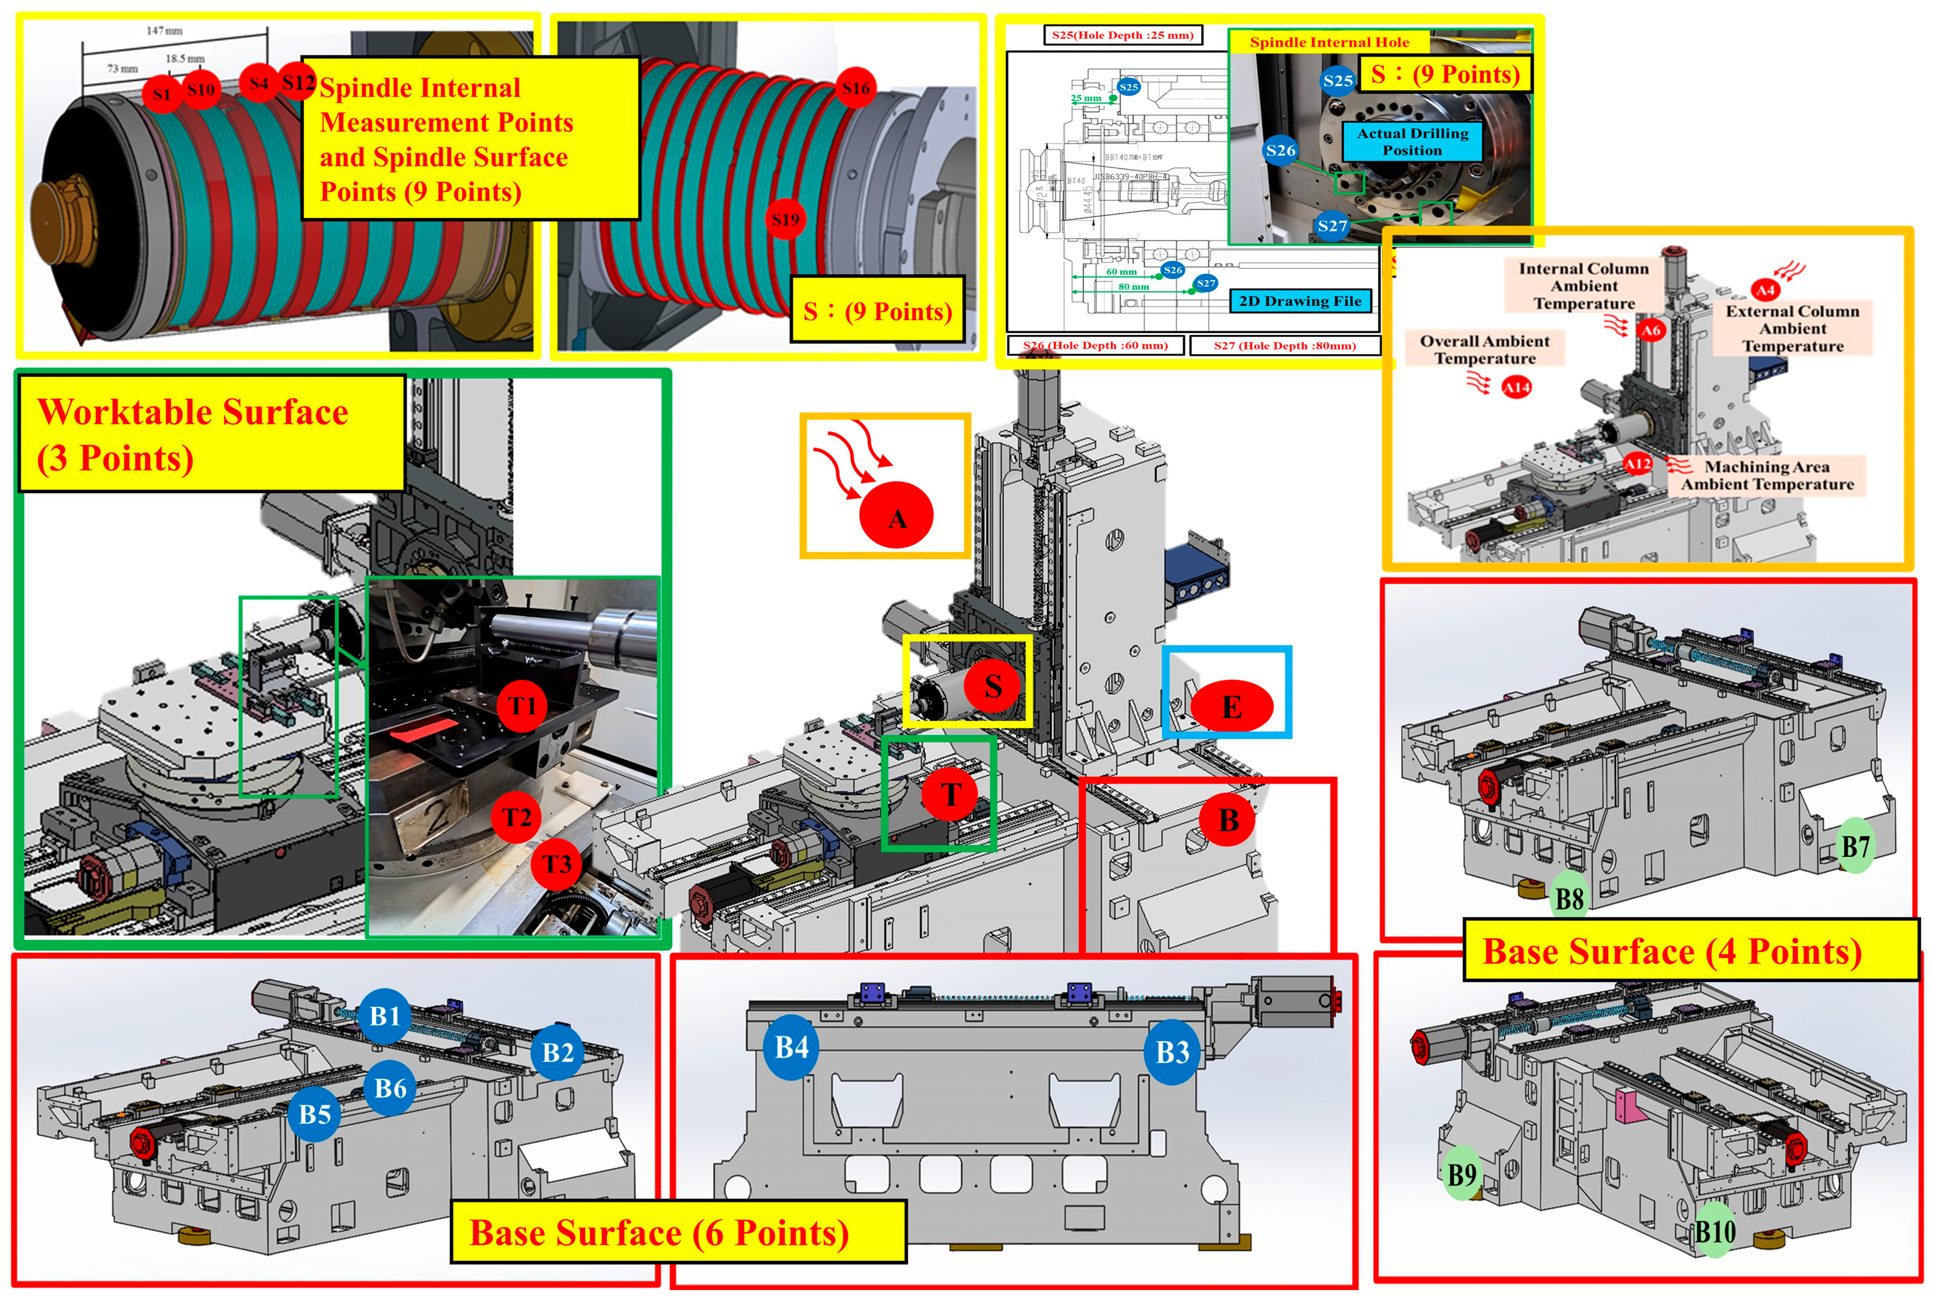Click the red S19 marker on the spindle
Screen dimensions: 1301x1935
click(x=785, y=219)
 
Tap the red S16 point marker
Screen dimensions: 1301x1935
click(x=855, y=88)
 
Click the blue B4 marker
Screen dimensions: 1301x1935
click(x=791, y=1047)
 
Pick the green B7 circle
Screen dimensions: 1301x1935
click(x=1855, y=846)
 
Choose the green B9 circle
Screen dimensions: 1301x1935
click(x=1462, y=1174)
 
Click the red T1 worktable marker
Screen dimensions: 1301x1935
click(x=522, y=705)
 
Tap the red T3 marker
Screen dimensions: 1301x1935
click(x=557, y=864)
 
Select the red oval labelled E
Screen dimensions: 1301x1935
click(x=1231, y=707)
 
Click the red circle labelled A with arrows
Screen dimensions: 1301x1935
click(x=896, y=516)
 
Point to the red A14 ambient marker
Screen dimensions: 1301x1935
click(x=1516, y=387)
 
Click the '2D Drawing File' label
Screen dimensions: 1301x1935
click(x=1299, y=301)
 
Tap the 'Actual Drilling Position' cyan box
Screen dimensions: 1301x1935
click(x=1412, y=142)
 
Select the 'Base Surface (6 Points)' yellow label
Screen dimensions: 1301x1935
click(x=677, y=1232)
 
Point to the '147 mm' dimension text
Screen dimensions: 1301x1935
click(x=164, y=30)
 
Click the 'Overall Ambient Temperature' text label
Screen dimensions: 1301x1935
click(x=1484, y=349)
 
